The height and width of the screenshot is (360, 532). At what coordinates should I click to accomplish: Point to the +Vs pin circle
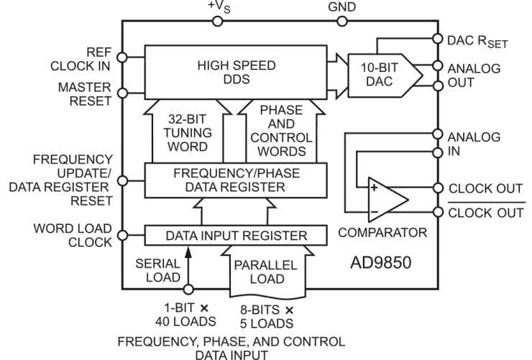coord(219,21)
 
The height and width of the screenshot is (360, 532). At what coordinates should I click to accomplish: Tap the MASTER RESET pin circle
coord(122,92)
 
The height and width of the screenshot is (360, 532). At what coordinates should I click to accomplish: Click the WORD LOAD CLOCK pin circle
coord(122,234)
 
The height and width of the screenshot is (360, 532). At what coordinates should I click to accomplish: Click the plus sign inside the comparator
coord(374,189)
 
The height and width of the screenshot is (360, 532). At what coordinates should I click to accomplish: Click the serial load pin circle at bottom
coord(189,290)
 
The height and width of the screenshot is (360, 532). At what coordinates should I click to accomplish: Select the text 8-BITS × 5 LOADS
coord(265,315)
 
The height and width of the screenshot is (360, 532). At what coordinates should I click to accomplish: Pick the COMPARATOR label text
coord(382,232)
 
